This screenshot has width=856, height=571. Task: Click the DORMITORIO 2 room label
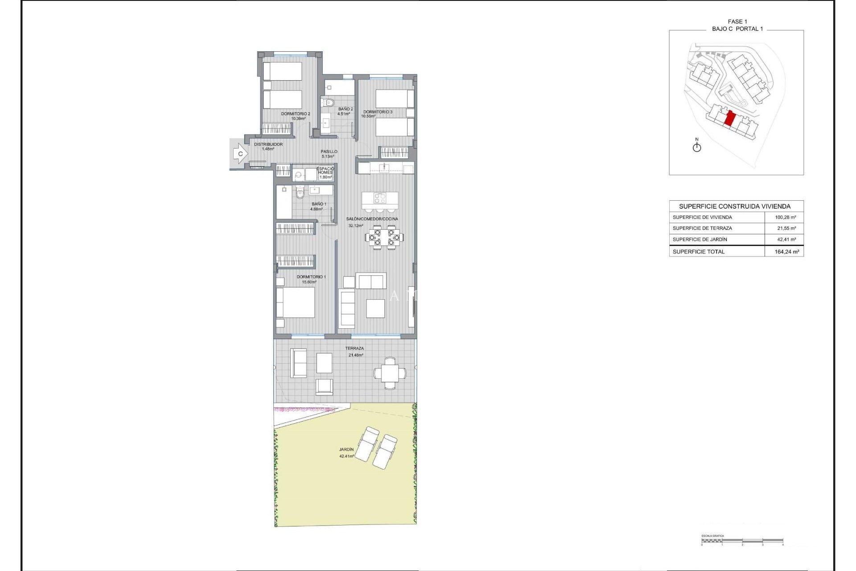(295, 114)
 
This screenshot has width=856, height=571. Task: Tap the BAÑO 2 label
(345, 109)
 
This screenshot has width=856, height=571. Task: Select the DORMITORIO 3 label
(378, 112)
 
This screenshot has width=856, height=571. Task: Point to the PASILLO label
(329, 152)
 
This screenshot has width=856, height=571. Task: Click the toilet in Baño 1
(300, 193)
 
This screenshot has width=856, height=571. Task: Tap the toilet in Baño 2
(329, 103)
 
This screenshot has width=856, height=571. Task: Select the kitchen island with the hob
(380, 198)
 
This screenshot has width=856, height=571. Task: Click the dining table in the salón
(384, 237)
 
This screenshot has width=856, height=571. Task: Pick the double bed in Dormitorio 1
(295, 302)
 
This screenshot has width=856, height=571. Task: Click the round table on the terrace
(390, 373)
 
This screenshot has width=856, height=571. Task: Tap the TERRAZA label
(354, 348)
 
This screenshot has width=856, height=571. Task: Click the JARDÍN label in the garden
(346, 450)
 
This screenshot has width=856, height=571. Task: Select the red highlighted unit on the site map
(730, 119)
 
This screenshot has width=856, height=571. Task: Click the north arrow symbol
(697, 146)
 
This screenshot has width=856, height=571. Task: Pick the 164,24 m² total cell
(786, 252)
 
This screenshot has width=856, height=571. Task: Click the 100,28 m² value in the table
(785, 217)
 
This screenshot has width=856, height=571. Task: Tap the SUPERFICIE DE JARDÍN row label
(700, 240)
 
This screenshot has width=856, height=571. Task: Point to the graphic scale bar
(742, 541)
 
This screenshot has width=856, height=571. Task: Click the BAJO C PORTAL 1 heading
(737, 29)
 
